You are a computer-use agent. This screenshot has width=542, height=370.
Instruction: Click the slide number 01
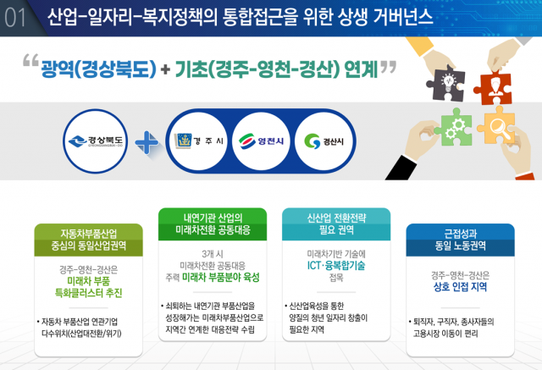click(x=15, y=18)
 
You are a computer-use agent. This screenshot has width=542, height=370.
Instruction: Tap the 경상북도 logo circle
click(x=96, y=141)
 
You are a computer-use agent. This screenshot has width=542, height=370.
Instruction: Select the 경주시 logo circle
click(x=199, y=141)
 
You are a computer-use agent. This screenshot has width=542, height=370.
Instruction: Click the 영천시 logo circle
click(x=261, y=141)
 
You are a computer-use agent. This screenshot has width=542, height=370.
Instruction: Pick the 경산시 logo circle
click(x=324, y=141)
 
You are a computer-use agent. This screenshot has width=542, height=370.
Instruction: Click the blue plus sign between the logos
click(x=147, y=142)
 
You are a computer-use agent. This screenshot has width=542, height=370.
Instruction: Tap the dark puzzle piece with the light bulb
click(x=446, y=83)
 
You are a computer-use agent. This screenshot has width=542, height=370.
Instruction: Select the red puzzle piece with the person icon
click(x=493, y=87)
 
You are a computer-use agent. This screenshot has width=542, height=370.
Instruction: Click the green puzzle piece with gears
click(x=454, y=128)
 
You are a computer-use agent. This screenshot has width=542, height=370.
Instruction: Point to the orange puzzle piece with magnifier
click(x=497, y=126)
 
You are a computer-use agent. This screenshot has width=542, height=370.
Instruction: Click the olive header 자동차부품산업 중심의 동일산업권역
click(x=88, y=240)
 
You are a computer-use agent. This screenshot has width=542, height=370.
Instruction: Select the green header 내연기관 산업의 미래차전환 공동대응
click(x=213, y=224)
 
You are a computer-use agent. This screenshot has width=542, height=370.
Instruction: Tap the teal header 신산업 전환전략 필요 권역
click(x=336, y=224)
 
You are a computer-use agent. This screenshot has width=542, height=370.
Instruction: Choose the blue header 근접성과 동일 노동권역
click(x=460, y=240)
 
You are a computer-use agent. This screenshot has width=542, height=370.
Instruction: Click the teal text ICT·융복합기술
click(x=336, y=265)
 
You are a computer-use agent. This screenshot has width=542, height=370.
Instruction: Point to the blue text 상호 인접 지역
click(x=460, y=287)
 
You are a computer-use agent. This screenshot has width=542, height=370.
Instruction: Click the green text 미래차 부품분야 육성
click(x=221, y=277)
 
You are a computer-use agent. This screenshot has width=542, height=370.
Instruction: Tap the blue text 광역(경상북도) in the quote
click(x=99, y=69)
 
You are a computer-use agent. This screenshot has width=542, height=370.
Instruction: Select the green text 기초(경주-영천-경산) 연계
click(x=277, y=69)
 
